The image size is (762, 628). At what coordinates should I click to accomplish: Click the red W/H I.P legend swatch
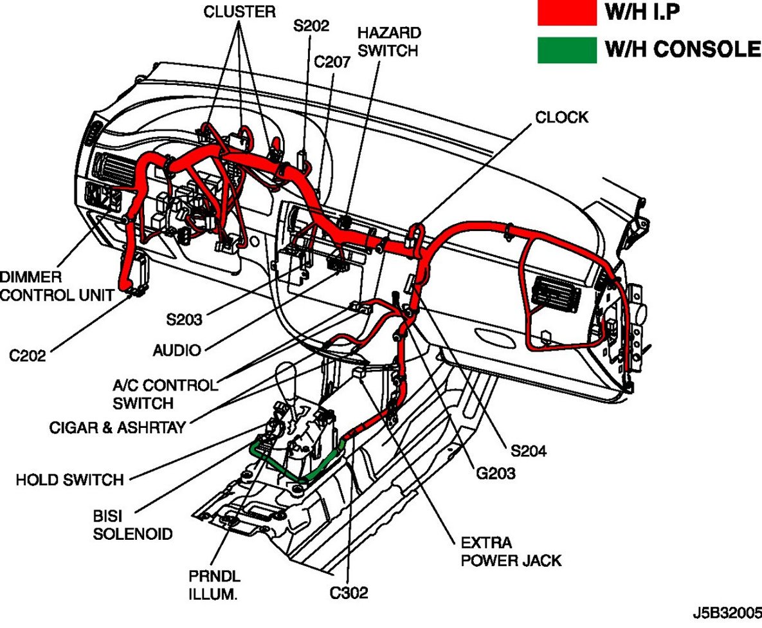click(567, 12)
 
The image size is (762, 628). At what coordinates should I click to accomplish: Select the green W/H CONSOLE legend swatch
click(567, 50)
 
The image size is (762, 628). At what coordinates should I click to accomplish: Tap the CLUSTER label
click(240, 12)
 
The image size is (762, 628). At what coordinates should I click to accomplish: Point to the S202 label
click(311, 26)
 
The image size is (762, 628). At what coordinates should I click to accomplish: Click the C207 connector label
click(332, 62)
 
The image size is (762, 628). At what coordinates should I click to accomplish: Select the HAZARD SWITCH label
click(389, 41)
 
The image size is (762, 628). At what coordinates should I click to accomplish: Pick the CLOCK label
click(561, 117)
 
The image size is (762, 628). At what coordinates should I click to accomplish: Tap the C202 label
click(28, 355)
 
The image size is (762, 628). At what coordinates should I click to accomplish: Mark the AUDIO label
click(177, 351)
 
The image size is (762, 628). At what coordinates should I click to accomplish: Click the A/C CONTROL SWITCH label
click(165, 394)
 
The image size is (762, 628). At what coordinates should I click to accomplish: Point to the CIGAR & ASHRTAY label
click(117, 427)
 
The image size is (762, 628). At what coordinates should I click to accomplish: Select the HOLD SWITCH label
click(69, 479)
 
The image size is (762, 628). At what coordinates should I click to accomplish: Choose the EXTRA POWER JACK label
click(511, 551)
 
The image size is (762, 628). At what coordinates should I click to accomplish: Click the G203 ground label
click(496, 474)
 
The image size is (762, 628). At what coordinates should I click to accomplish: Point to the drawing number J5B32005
click(726, 609)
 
